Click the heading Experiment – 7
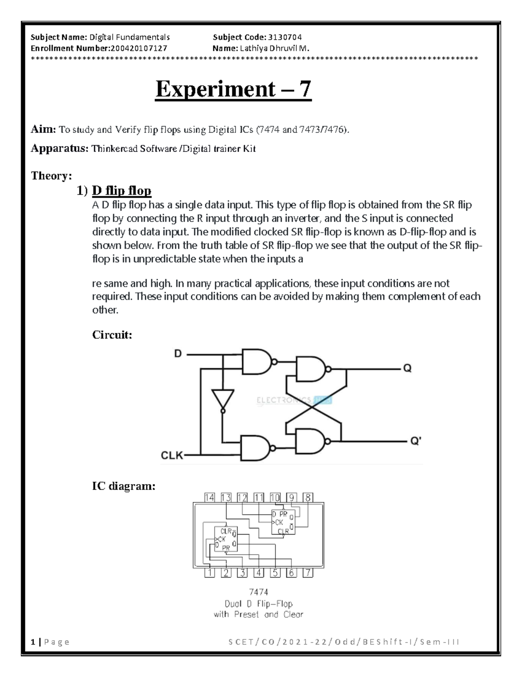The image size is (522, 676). point(234,89)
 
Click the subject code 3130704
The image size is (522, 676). point(284,37)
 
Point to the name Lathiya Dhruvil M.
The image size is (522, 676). point(274,48)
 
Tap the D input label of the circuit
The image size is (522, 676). point(178,353)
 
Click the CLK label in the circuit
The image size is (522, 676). point(172,455)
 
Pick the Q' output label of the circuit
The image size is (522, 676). point(415,441)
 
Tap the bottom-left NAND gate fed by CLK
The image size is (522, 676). point(257,447)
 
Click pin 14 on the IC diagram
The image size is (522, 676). point(210,498)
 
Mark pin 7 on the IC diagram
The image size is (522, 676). point(308,573)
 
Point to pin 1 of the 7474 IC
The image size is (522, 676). point(210,573)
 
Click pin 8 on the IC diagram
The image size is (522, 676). point(308,498)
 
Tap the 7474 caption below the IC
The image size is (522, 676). point(258,592)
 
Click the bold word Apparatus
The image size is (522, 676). point(59,149)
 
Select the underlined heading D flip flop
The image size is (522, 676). point(121,191)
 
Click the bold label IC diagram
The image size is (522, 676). point(124,486)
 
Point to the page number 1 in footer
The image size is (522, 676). point(33,642)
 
